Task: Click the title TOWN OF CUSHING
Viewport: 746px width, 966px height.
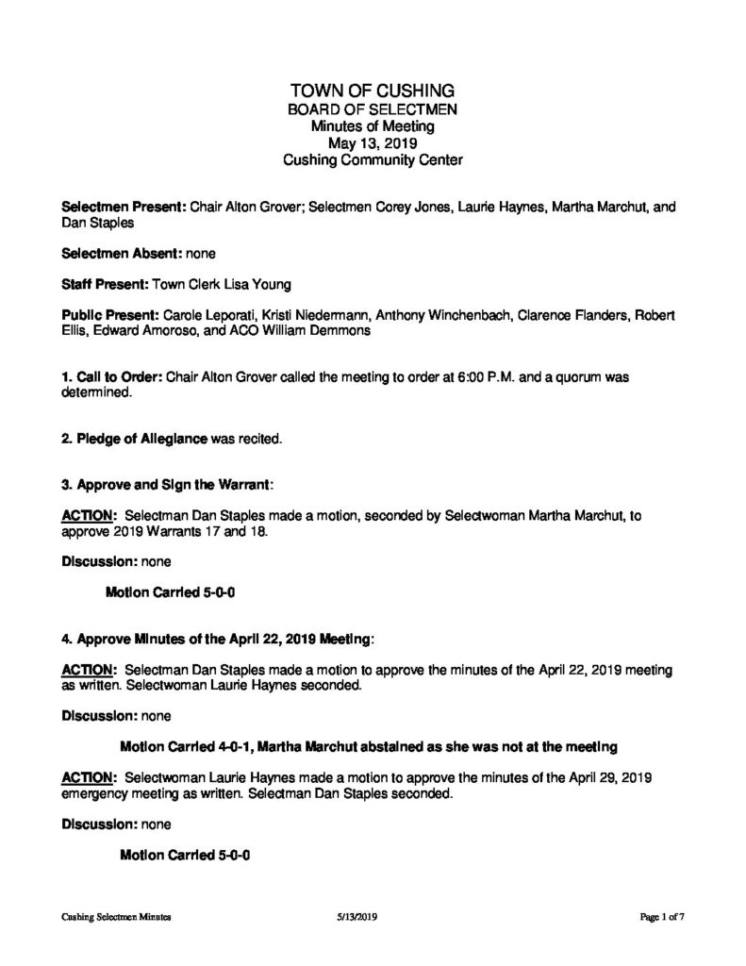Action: [x=373, y=91]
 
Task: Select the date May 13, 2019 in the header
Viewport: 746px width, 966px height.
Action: [x=373, y=143]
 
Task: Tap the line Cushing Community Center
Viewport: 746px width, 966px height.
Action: [x=373, y=160]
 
